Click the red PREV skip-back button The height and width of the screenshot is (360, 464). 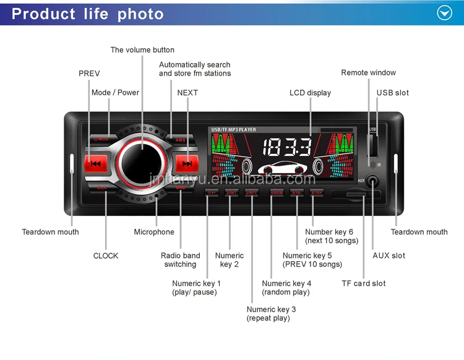95,164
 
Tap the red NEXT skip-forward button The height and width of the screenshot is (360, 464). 187,164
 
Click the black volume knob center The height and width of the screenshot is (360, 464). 141,163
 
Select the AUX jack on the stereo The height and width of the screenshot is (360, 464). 373,182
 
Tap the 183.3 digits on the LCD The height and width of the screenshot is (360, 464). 286,147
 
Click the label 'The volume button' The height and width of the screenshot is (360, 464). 142,50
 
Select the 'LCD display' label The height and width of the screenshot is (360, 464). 310,93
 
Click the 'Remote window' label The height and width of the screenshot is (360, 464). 368,73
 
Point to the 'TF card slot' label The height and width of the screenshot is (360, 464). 363,283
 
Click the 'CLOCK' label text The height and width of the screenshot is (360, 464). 106,255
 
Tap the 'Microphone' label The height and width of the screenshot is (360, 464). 154,232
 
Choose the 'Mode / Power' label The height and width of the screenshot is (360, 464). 115,93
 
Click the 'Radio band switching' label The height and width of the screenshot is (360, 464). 180,260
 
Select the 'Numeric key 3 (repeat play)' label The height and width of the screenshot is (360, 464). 271,314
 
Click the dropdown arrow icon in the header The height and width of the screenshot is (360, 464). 445,13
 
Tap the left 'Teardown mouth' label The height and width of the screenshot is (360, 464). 50,232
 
